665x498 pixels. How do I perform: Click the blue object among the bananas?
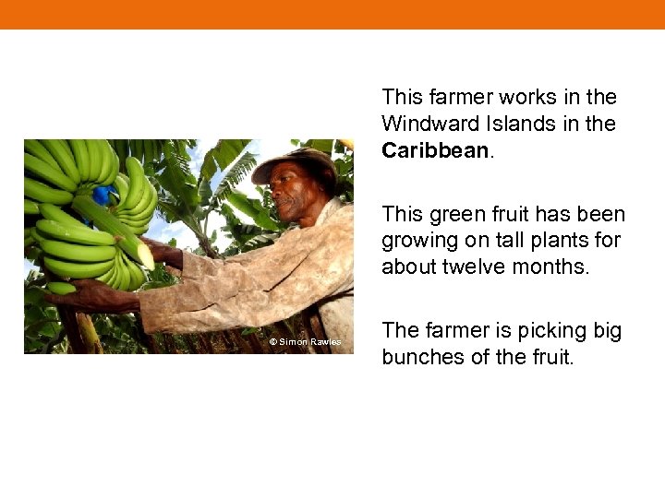[x=102, y=195]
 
